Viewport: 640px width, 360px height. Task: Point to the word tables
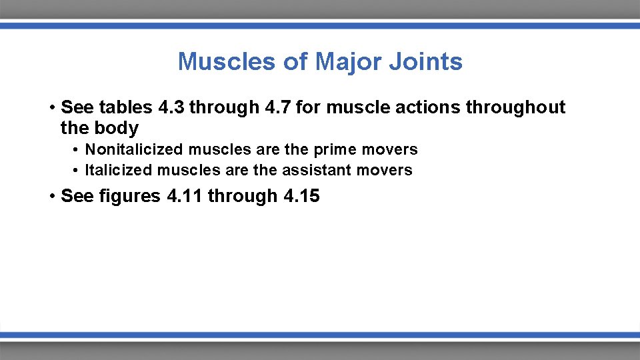coord(125,107)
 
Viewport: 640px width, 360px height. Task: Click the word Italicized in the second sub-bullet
coord(119,170)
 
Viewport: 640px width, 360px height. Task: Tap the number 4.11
coord(184,196)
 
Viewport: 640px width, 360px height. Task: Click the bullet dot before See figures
coord(51,197)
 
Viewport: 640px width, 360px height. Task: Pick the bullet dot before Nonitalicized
coord(77,150)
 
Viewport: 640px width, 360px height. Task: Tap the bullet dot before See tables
coord(51,108)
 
